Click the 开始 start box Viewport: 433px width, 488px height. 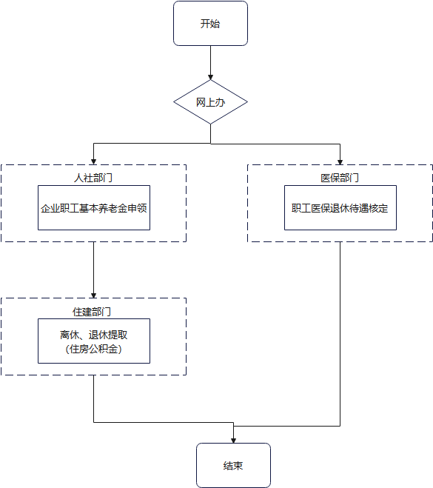coord(210,24)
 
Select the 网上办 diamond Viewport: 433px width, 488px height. coord(210,102)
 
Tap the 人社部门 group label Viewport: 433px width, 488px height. coord(93,178)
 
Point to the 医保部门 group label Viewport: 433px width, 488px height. coord(340,178)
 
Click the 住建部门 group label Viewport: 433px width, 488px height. coord(93,312)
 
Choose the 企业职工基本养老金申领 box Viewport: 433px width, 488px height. coord(94,208)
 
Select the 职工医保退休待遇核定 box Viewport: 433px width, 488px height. coord(340,208)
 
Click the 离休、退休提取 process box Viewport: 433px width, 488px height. coord(94,341)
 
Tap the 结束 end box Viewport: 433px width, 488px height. coord(233,466)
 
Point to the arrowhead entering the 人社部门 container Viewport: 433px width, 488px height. coord(93,162)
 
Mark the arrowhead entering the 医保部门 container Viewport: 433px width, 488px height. coord(340,162)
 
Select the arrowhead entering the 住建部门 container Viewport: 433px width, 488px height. coord(93,295)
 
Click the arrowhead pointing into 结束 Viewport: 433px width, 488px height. coord(233,440)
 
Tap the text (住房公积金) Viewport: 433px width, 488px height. coord(94,349)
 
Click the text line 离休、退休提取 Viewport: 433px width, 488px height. coord(94,335)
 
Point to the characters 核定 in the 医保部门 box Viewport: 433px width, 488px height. coord(378,208)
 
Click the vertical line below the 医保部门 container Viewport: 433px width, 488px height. coord(340,333)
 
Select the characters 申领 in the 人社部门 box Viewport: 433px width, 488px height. coord(138,208)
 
